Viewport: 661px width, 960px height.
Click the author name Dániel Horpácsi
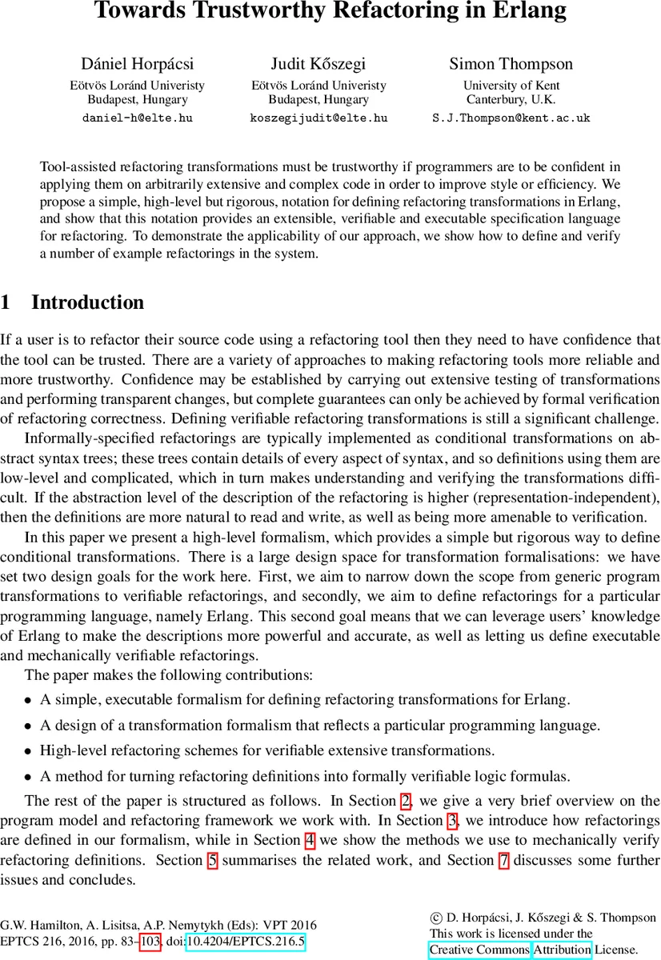pyautogui.click(x=138, y=64)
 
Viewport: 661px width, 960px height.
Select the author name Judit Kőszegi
pyautogui.click(x=318, y=64)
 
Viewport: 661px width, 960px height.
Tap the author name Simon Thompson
pyautogui.click(x=511, y=64)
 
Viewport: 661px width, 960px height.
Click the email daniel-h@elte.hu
pyautogui.click(x=138, y=118)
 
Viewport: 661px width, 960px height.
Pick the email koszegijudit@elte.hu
pyautogui.click(x=318, y=118)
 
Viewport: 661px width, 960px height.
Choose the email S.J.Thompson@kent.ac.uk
pyautogui.click(x=511, y=118)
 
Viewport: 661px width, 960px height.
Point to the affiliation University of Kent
pyautogui.click(x=511, y=86)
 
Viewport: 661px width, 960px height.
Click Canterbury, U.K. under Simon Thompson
pyautogui.click(x=511, y=100)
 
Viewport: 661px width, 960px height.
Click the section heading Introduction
pyautogui.click(x=88, y=302)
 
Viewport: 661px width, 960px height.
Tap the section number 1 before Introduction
pyautogui.click(x=6, y=302)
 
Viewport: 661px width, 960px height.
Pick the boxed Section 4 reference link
pyautogui.click(x=310, y=839)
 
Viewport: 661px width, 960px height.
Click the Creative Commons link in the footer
pyautogui.click(x=479, y=950)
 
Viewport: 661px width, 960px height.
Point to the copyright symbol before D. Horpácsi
pyautogui.click(x=435, y=918)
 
